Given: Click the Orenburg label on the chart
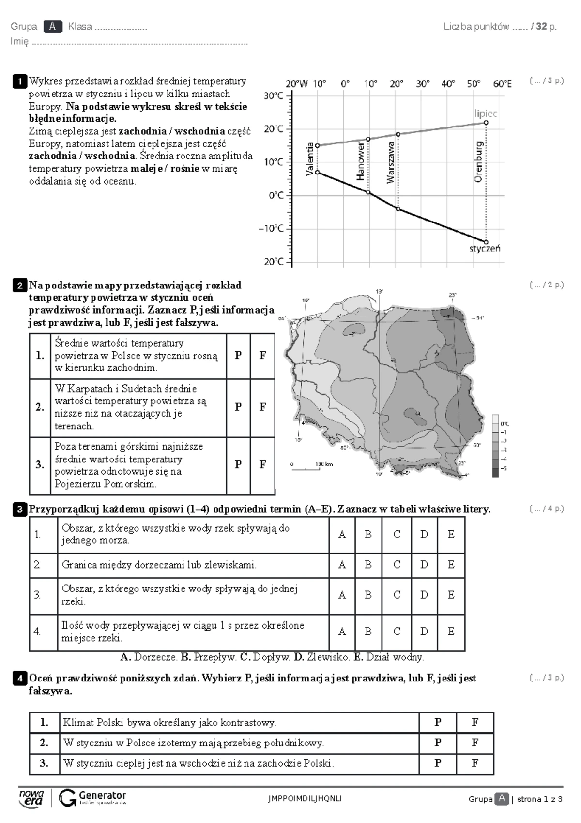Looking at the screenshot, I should [478, 162].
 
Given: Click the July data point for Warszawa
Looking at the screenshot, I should [398, 134].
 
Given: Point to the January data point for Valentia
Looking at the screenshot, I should [317, 172].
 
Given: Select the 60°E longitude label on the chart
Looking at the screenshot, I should [502, 84].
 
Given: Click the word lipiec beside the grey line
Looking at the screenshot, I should [485, 113].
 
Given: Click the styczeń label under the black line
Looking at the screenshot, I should [484, 249].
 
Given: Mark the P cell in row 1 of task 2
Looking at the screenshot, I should [238, 355].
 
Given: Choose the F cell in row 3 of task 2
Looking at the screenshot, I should [262, 464].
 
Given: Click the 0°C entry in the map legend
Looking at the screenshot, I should [504, 424].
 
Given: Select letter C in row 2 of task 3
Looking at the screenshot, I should [397, 565].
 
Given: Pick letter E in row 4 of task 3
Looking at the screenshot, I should [451, 632].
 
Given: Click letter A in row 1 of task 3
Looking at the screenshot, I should [342, 535].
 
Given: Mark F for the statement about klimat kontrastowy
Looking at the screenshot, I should [474, 722].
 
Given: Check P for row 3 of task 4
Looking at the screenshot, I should [438, 763].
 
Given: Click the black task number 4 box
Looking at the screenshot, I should [20, 679].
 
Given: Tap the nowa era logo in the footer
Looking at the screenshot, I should [31, 798].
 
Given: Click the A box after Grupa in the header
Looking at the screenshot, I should [52, 27].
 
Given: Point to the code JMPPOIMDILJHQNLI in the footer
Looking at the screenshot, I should [305, 799].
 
